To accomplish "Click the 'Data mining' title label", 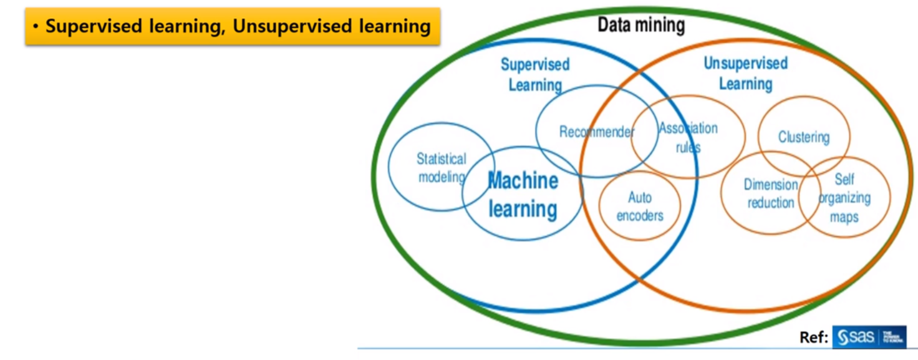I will click(x=641, y=25).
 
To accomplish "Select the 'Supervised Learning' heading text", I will click(x=535, y=74).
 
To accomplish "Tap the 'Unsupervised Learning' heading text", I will click(x=745, y=73).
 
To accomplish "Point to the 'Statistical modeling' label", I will click(x=442, y=168).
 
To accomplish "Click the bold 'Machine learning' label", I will click(x=523, y=195).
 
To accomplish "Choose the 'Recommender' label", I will click(x=596, y=132).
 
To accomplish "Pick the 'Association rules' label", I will click(x=688, y=137).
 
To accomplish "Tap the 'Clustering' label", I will click(x=803, y=137).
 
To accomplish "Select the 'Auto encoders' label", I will click(x=640, y=207).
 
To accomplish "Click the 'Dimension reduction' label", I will click(x=771, y=193).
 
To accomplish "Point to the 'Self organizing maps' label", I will click(x=844, y=198).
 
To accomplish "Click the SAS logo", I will click(x=869, y=338).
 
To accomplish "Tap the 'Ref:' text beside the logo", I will click(x=814, y=338).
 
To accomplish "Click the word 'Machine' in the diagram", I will click(x=523, y=181).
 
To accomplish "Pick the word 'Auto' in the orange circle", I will click(x=640, y=198).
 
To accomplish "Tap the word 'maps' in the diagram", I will click(x=844, y=217).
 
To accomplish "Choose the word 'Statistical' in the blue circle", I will click(x=442, y=159).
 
